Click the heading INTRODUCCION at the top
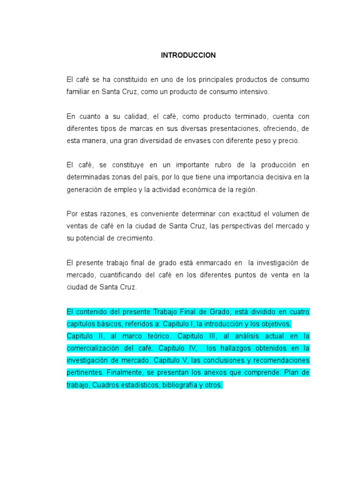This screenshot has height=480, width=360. click(188, 55)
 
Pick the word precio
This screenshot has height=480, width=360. click(286, 141)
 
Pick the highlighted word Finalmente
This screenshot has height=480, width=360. click(124, 373)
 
